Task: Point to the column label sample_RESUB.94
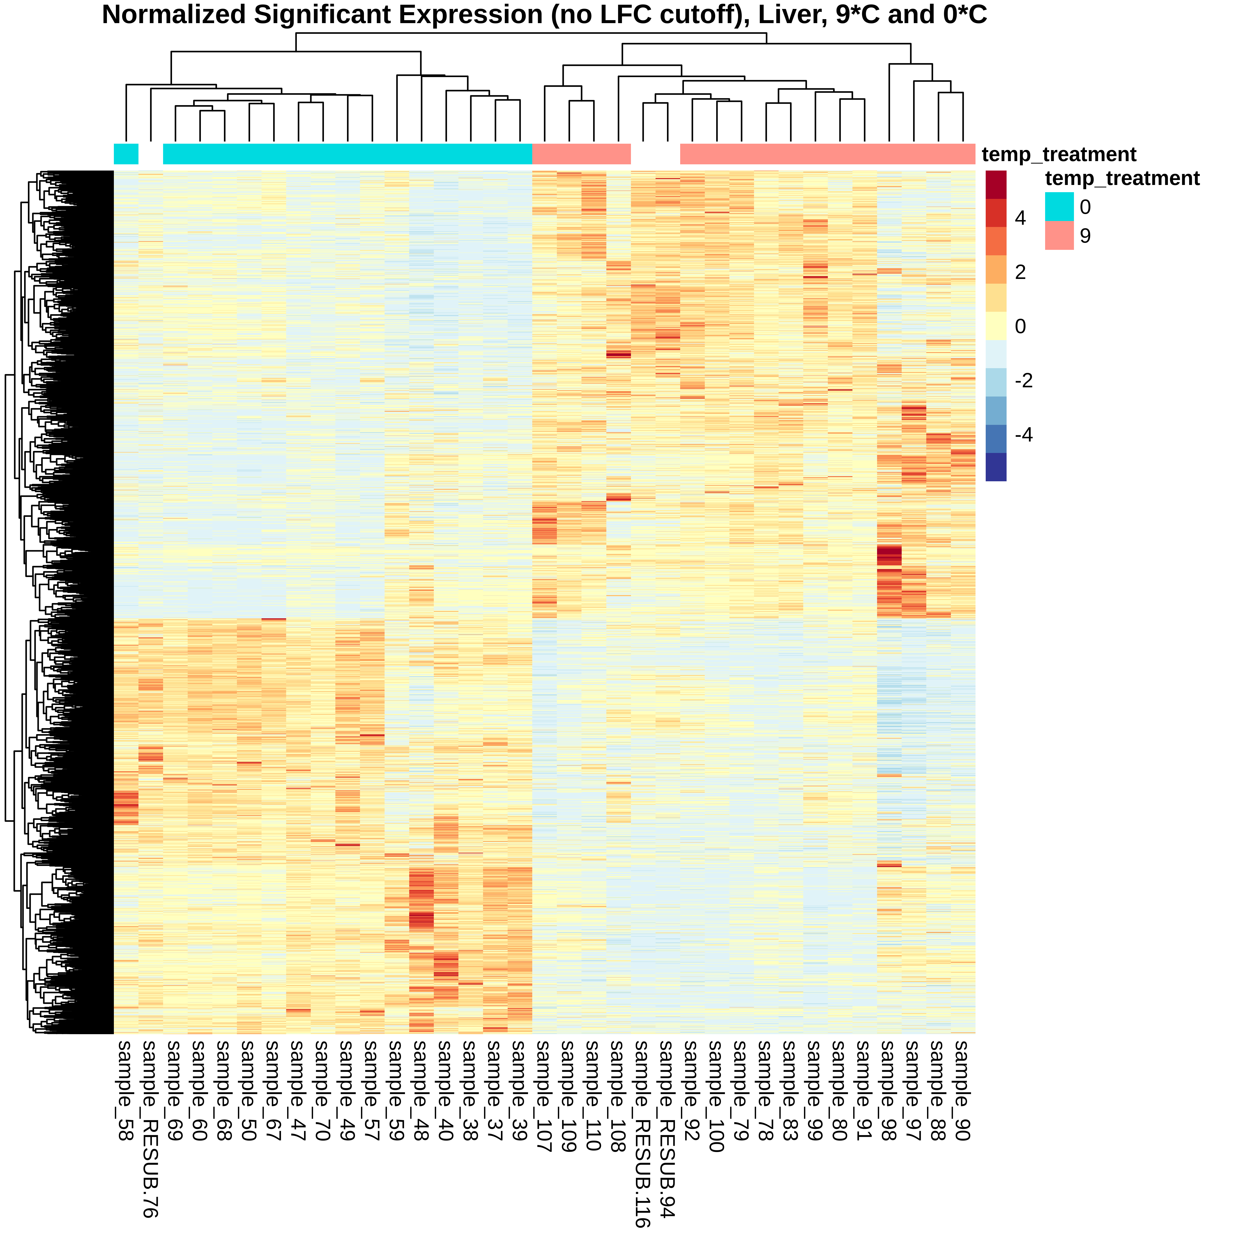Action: (667, 1129)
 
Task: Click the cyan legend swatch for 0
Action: (1059, 207)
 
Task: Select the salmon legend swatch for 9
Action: (1059, 235)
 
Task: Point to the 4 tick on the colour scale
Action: (1021, 218)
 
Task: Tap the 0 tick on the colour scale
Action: (1021, 326)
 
